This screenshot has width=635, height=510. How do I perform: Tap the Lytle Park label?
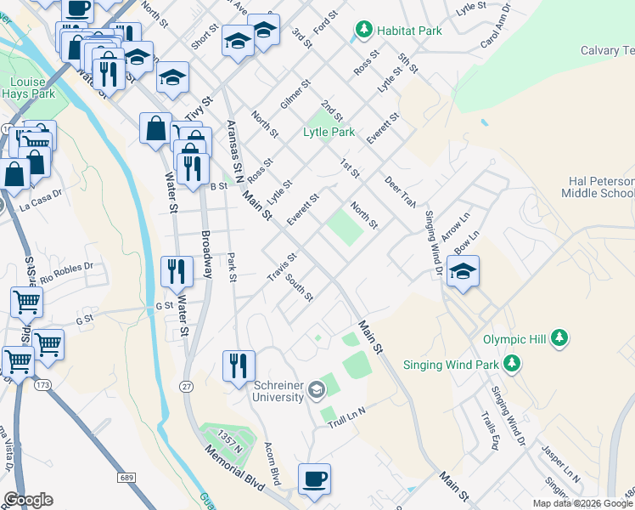click(x=329, y=132)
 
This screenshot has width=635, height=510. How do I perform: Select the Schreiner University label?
click(x=278, y=391)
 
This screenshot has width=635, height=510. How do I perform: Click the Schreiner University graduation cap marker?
click(x=317, y=390)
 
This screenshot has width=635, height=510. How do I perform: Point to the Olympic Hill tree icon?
click(x=559, y=338)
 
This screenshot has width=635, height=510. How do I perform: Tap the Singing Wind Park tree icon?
click(x=511, y=364)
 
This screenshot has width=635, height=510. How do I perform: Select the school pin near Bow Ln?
click(x=463, y=272)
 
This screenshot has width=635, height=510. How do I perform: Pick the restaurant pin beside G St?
click(x=177, y=272)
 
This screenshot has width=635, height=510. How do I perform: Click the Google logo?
click(x=28, y=500)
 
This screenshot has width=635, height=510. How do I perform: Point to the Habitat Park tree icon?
click(x=363, y=31)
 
